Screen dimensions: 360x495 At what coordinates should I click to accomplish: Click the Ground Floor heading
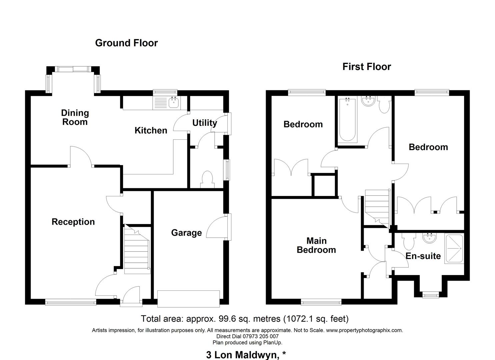126,43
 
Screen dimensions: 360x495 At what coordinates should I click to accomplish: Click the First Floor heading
366,67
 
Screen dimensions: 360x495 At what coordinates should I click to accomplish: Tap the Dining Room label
75,117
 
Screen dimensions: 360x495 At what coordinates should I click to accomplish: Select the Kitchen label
151,130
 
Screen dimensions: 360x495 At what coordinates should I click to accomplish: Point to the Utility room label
204,123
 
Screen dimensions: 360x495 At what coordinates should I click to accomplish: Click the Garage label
186,233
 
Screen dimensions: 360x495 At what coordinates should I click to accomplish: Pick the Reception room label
73,222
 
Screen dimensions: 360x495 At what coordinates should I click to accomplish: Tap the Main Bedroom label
316,245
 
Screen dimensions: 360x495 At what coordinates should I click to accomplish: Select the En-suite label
423,256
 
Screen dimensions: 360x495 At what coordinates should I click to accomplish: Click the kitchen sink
173,103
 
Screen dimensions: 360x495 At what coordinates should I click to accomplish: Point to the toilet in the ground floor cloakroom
207,179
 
